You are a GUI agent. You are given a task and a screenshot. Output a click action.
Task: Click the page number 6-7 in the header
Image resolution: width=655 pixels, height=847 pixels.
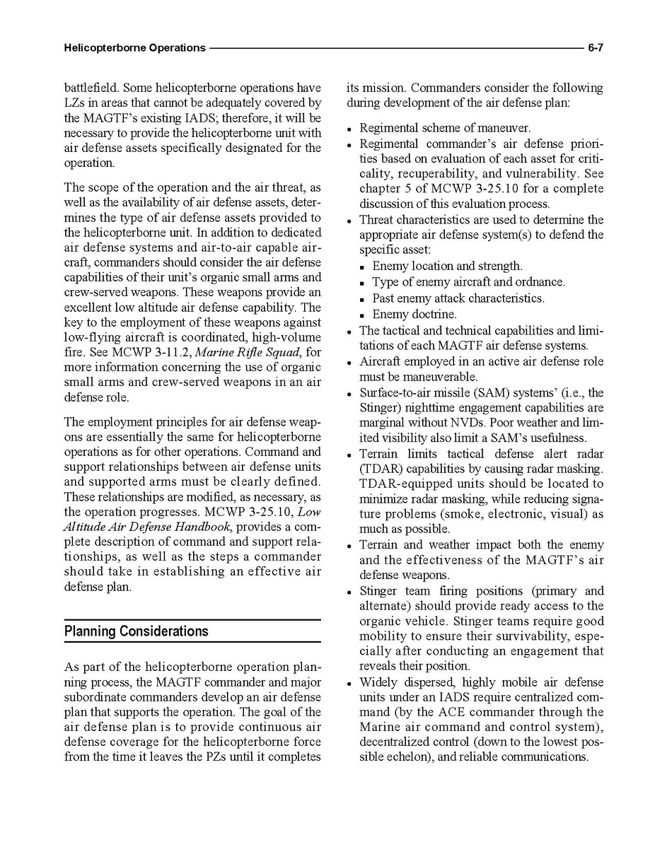tap(594, 48)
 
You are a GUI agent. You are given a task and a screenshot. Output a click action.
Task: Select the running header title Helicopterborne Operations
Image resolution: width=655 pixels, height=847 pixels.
tap(134, 48)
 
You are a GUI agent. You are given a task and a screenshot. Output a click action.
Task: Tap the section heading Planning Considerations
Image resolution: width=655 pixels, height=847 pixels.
tap(137, 631)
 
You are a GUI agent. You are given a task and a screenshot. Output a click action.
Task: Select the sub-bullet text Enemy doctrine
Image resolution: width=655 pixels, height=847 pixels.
tap(415, 315)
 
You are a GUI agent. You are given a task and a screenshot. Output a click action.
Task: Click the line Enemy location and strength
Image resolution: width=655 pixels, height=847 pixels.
tap(448, 266)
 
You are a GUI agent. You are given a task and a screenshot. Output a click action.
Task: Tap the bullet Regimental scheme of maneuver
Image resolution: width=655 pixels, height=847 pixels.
tap(445, 128)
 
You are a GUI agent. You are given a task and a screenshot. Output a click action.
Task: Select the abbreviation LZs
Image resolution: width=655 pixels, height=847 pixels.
tap(74, 103)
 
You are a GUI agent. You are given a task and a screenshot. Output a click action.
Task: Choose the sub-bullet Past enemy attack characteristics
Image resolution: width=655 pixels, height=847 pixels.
tap(458, 298)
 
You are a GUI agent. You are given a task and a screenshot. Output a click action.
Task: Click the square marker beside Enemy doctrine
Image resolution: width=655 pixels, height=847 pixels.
tap(363, 315)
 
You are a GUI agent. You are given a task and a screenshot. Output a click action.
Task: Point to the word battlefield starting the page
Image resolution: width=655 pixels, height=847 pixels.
tap(91, 88)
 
